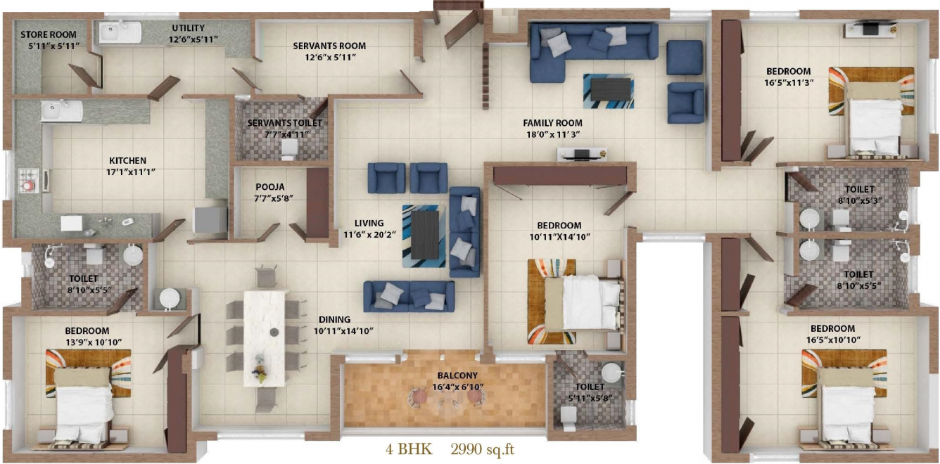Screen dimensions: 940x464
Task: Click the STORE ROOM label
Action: [x=49, y=34]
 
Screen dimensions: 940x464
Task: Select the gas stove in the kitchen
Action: [x=29, y=181]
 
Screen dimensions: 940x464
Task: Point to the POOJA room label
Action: [x=270, y=187]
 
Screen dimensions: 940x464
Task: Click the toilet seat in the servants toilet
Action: [x=289, y=149]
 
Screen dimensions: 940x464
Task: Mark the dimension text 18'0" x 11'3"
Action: [x=552, y=134]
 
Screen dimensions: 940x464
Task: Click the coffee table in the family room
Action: [x=610, y=90]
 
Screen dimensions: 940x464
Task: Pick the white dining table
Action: [x=265, y=338]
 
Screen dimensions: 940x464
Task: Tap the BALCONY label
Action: [x=457, y=375]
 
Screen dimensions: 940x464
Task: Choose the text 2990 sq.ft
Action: [x=483, y=449]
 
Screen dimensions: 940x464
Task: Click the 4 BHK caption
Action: [x=409, y=449]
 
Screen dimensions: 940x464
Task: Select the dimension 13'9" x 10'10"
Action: [x=94, y=342]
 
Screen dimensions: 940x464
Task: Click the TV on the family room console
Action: [x=582, y=154]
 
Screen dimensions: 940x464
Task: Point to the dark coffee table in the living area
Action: [x=425, y=235]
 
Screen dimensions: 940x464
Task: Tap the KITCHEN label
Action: [x=127, y=160]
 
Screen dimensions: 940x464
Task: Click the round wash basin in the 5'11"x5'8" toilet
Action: [x=611, y=372]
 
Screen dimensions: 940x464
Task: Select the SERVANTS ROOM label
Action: [x=329, y=46]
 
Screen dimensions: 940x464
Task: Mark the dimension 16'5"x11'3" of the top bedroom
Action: [x=789, y=82]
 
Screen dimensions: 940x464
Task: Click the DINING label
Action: [x=334, y=319]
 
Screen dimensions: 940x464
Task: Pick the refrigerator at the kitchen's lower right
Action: [x=210, y=219]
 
